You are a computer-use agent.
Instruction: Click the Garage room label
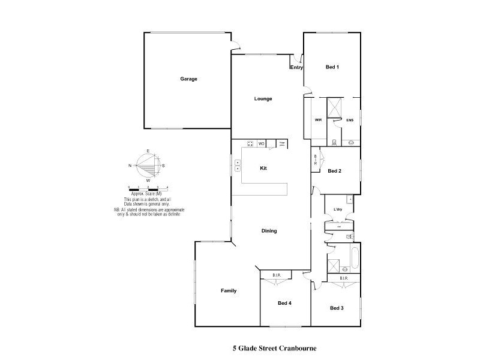tap(189, 79)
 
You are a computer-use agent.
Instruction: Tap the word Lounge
tap(263, 98)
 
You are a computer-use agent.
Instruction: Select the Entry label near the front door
tap(296, 68)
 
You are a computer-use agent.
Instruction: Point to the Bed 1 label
tap(332, 67)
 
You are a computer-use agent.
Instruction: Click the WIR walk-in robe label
tap(318, 120)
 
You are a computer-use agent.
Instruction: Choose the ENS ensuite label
tap(350, 120)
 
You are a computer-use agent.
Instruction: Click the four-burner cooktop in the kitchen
tap(250, 144)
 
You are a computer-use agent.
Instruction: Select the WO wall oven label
tap(262, 144)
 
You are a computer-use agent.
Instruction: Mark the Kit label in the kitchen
tap(263, 169)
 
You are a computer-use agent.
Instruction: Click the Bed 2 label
tap(334, 171)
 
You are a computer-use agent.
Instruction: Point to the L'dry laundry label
tap(338, 209)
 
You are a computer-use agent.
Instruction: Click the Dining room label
tap(269, 231)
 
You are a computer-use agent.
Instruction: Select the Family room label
tap(228, 291)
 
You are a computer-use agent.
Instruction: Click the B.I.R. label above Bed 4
tap(277, 275)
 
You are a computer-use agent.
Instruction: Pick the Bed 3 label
tap(337, 308)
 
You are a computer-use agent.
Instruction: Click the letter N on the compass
tap(130, 165)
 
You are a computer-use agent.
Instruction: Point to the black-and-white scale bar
tap(148, 190)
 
